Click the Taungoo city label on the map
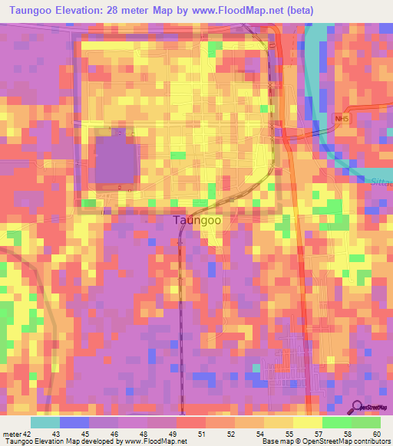(x=197, y=220)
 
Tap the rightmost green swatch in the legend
(x=366, y=422)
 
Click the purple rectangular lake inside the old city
(x=115, y=159)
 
